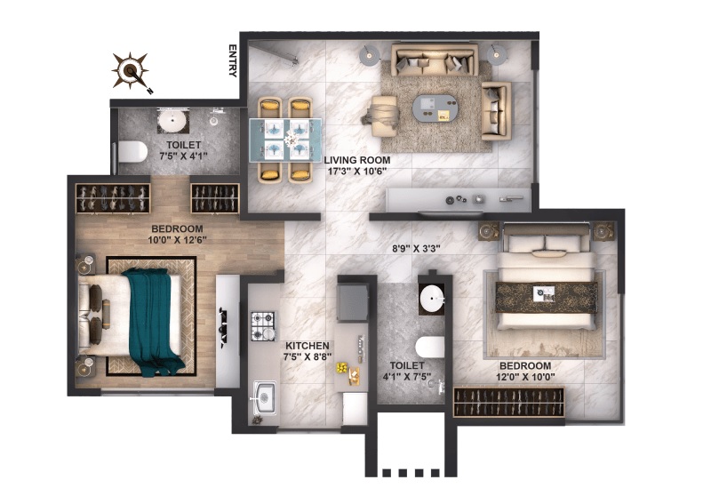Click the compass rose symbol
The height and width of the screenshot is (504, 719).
(131, 70)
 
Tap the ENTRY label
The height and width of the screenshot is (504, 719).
(233, 60)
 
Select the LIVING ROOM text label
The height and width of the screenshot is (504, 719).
(357, 160)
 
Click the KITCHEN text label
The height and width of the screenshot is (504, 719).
(308, 346)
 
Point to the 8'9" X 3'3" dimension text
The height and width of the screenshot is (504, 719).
(416, 249)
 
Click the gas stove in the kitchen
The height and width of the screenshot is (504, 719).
(263, 326)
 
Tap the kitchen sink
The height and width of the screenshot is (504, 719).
(264, 397)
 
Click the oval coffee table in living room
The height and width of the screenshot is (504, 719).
(435, 108)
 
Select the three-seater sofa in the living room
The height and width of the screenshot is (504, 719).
(435, 60)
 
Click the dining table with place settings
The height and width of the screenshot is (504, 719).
(285, 140)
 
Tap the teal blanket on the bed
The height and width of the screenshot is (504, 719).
(152, 321)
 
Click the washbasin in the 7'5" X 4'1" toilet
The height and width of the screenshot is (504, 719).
(173, 121)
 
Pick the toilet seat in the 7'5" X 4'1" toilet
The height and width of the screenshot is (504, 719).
(132, 152)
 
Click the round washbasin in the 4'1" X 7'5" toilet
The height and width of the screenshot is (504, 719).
(432, 299)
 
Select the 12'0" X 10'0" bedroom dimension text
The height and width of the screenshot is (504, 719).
(525, 377)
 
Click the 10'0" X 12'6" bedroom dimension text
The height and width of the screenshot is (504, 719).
(178, 239)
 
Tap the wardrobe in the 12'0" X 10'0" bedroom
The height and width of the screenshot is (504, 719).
(508, 402)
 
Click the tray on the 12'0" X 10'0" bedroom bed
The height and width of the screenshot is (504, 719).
(544, 294)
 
